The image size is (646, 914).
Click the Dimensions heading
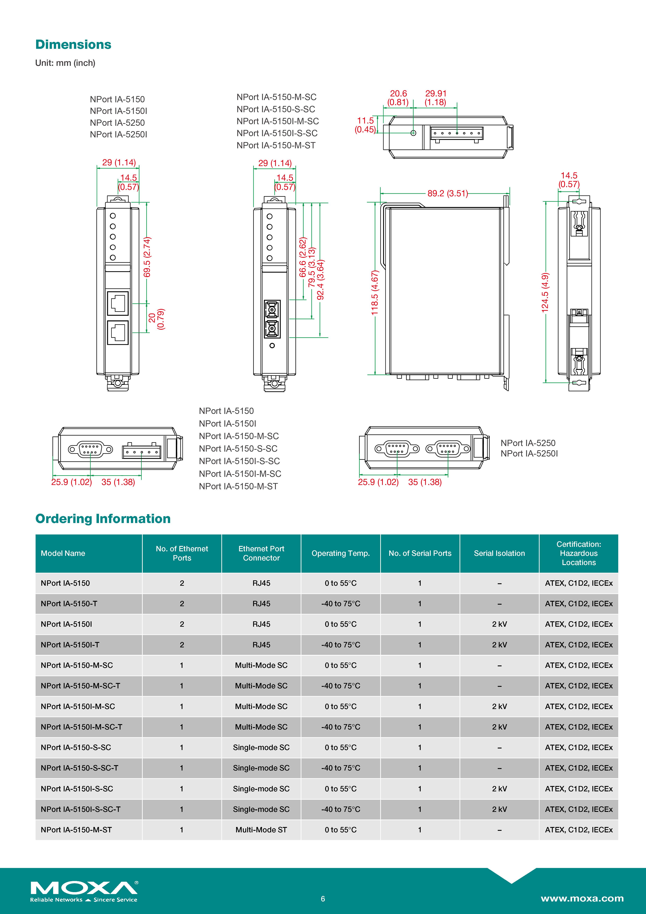[73, 45]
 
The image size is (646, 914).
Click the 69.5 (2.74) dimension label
[147, 257]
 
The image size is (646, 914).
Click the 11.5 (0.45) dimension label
[365, 125]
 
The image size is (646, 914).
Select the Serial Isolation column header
[499, 553]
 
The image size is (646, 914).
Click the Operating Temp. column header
[340, 553]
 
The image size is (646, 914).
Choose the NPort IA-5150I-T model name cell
[70, 645]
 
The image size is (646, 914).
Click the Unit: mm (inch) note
[65, 63]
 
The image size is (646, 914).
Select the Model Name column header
[63, 553]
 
